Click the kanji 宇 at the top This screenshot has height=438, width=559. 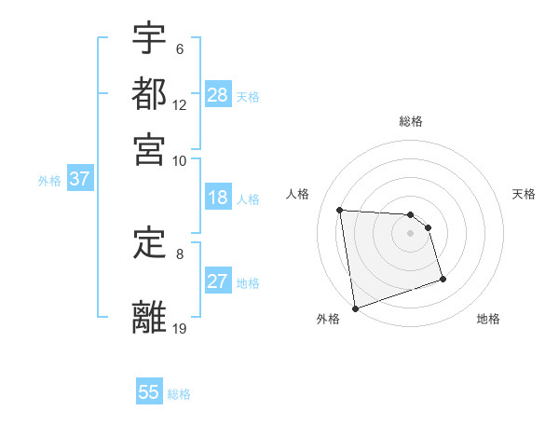[x=149, y=39]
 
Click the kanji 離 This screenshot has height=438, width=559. [x=149, y=317]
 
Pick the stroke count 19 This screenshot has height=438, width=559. [x=180, y=328]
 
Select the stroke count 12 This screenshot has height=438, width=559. [x=180, y=105]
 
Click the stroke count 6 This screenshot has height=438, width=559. [x=180, y=49]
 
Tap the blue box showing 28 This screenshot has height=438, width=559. [x=218, y=94]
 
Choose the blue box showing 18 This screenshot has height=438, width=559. [x=218, y=198]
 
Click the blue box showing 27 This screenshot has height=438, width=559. [x=218, y=281]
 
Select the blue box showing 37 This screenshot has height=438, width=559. [x=79, y=180]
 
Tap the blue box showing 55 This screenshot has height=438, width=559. [x=149, y=392]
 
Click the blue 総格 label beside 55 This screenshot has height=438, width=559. [x=179, y=394]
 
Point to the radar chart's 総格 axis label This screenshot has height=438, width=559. [x=411, y=121]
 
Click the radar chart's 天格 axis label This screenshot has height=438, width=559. [x=524, y=194]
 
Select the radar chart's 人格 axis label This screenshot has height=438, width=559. [x=298, y=194]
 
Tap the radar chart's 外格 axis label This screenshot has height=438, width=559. [x=328, y=319]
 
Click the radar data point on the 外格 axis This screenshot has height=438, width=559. [x=355, y=308]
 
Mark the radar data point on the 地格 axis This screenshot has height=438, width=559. [x=443, y=279]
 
